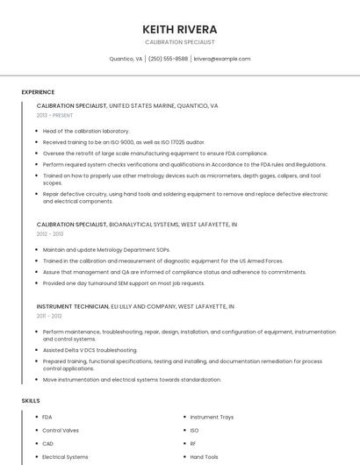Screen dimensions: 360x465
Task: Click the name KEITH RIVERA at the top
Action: click(x=179, y=29)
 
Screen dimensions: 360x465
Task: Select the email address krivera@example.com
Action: click(x=222, y=59)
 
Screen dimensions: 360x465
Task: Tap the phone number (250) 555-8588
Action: click(x=168, y=59)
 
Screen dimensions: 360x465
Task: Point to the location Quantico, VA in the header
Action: click(x=126, y=59)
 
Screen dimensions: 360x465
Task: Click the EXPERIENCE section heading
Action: click(x=38, y=92)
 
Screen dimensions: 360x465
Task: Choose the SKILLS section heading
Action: click(x=31, y=400)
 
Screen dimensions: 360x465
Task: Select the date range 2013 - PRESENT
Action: click(x=54, y=115)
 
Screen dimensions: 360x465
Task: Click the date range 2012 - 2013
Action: click(x=50, y=234)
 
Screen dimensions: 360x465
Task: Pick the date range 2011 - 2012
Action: click(x=49, y=315)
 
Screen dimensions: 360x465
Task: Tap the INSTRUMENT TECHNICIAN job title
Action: click(x=73, y=306)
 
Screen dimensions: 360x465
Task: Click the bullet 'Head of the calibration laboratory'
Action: click(x=86, y=131)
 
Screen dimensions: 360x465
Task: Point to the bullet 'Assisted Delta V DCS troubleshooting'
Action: click(x=90, y=349)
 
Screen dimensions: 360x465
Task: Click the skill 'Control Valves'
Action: click(x=61, y=430)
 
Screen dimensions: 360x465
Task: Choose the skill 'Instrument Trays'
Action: click(x=212, y=417)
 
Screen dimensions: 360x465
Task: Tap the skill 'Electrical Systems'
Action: click(x=65, y=456)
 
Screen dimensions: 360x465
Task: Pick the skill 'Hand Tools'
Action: click(x=204, y=456)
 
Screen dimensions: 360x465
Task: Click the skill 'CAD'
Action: click(x=48, y=443)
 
